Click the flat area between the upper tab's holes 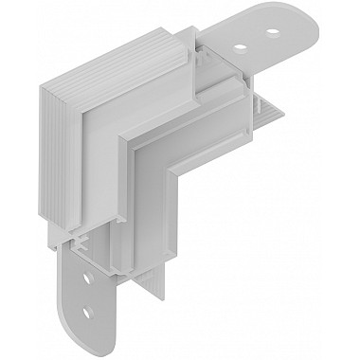coord(258,36)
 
